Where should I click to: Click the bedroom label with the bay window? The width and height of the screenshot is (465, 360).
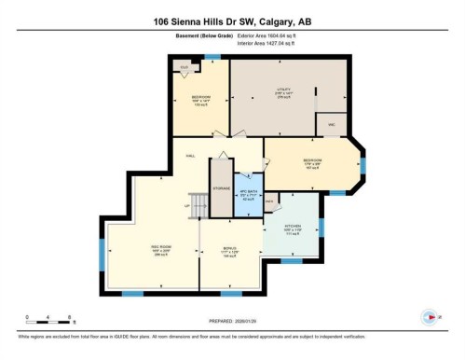[x=312, y=162]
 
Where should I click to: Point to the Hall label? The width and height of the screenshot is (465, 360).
[x=190, y=156]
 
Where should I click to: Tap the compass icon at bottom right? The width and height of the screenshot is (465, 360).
[x=429, y=316]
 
